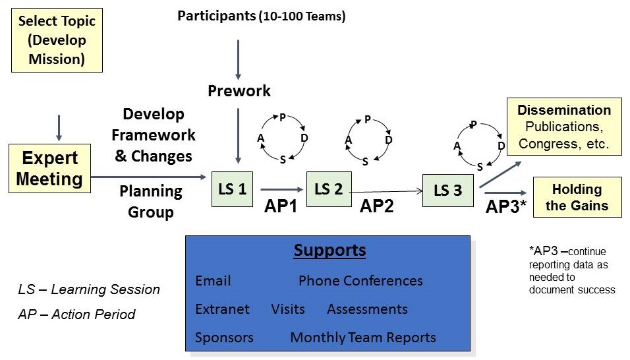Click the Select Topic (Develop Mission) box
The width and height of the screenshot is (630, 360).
[x=57, y=41]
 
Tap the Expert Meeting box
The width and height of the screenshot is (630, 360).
[x=50, y=169]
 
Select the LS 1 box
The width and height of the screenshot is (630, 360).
[x=233, y=189]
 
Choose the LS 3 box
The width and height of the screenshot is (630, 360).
[x=447, y=191]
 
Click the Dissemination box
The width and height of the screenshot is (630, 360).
[x=563, y=127]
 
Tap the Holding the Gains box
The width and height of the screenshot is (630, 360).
[x=577, y=197]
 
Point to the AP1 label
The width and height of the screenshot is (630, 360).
[x=281, y=206]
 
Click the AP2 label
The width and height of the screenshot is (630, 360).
[x=376, y=206]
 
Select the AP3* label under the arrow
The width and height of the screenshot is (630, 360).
[x=505, y=206]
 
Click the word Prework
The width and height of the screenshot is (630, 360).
[x=239, y=90]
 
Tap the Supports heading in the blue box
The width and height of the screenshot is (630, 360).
[x=329, y=251]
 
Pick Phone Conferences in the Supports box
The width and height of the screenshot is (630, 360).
[x=360, y=281]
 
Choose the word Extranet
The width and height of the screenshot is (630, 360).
[x=223, y=309]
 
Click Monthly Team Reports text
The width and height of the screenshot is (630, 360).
[x=363, y=338]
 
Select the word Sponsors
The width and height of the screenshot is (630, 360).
[x=224, y=338]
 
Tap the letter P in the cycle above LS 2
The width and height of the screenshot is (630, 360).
[x=367, y=119]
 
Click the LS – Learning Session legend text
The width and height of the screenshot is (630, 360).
[x=89, y=289]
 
